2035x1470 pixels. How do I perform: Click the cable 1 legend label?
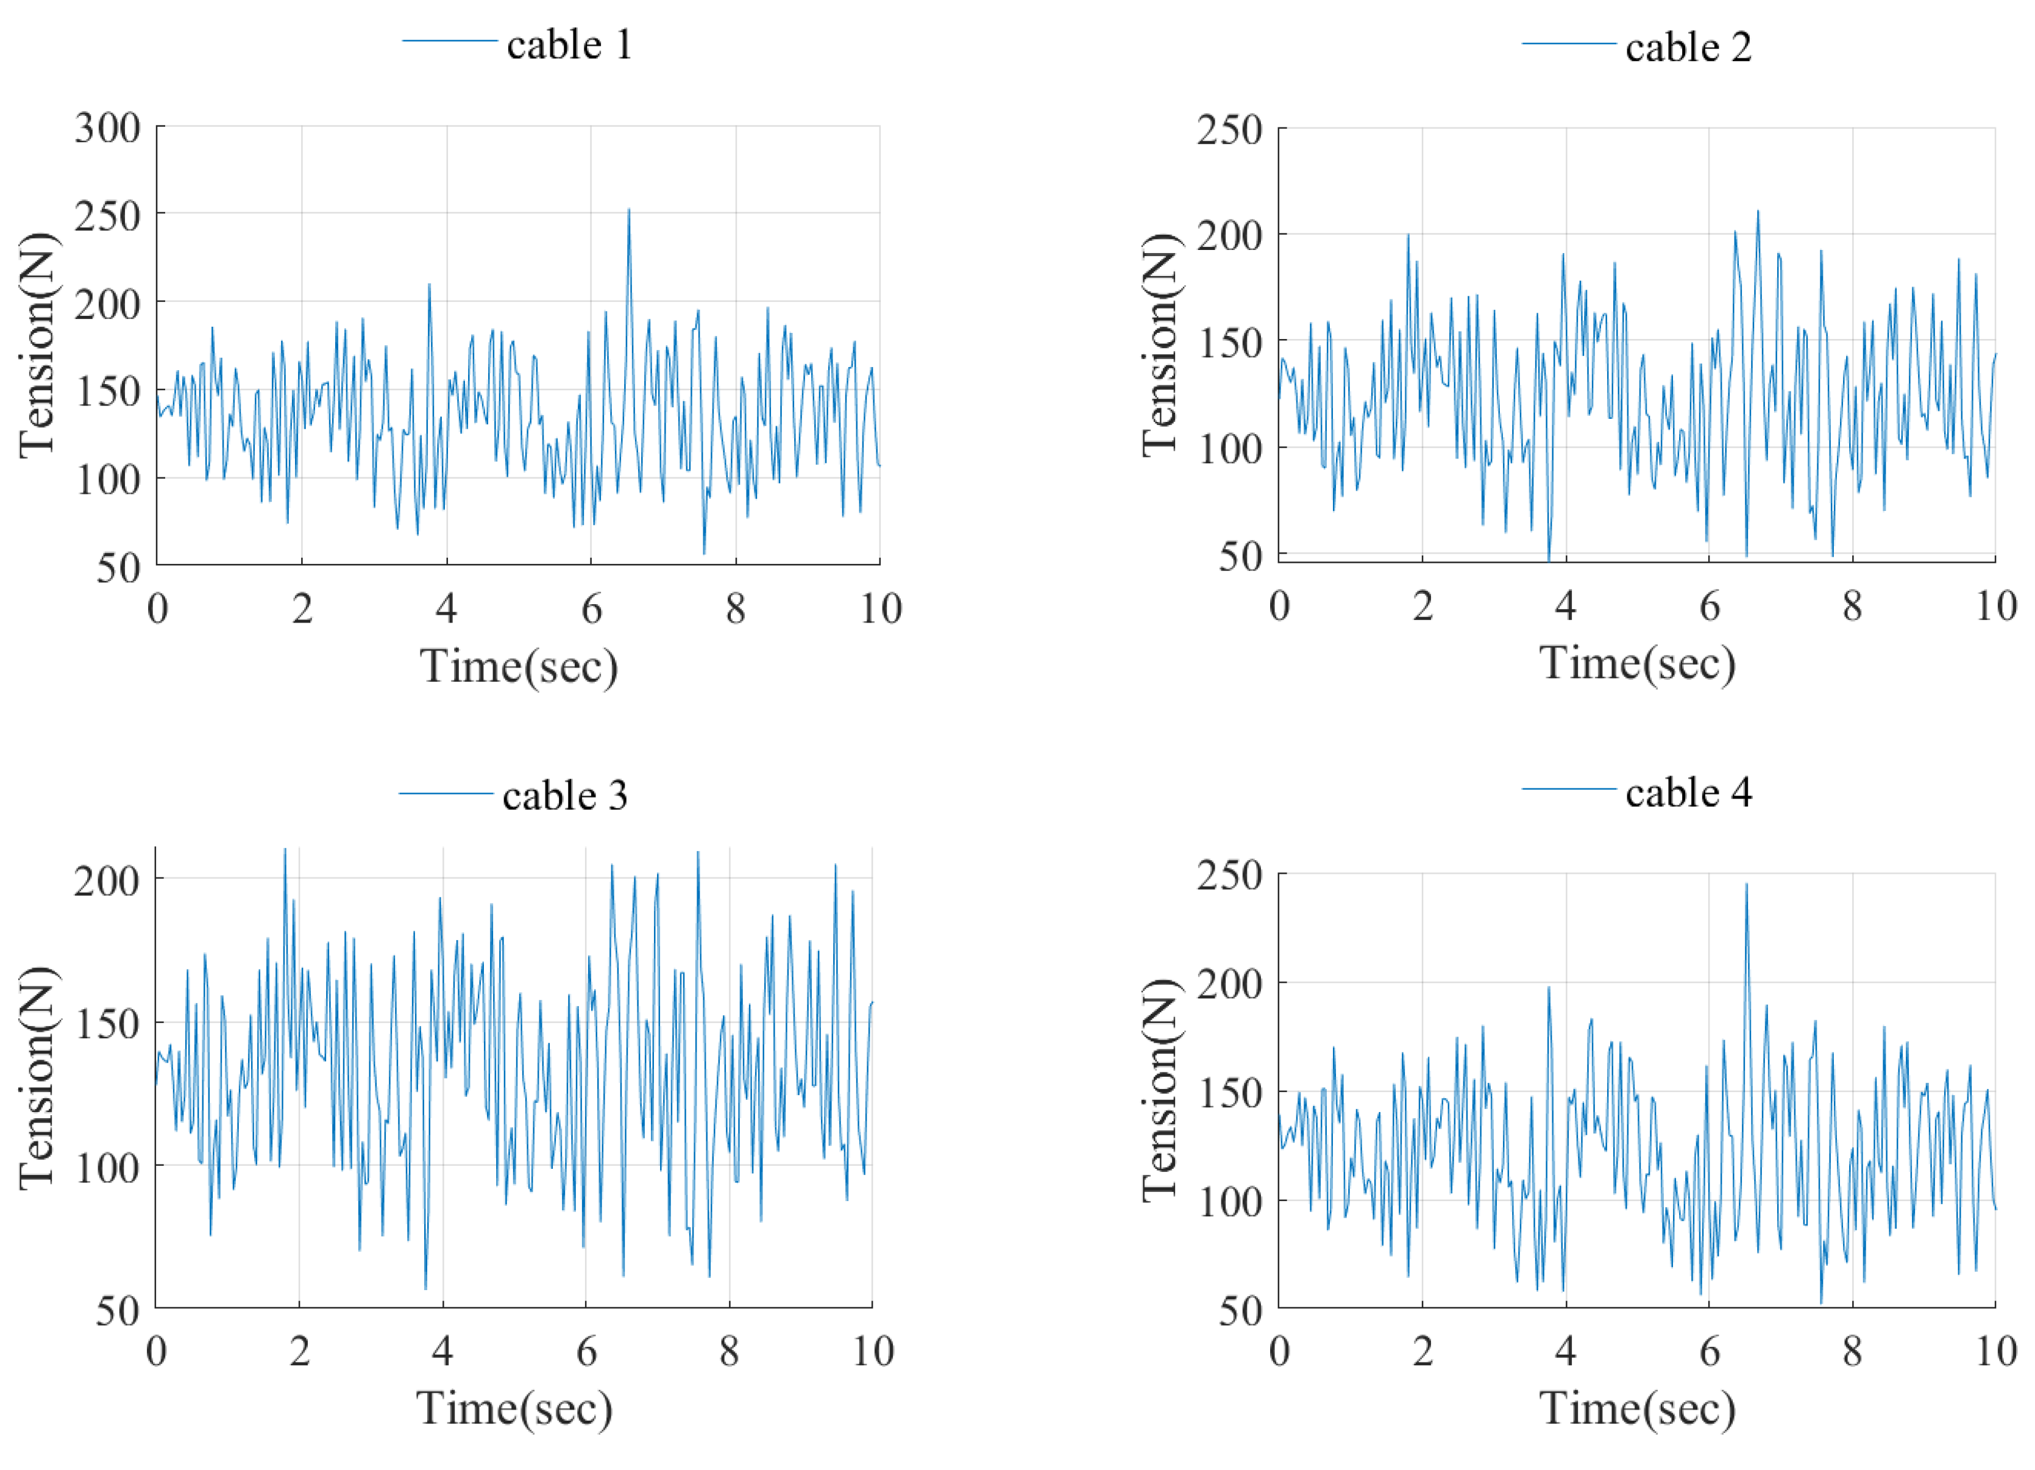point(569,45)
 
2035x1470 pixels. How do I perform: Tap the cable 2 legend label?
point(1688,47)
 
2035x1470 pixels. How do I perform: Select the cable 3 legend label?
point(564,795)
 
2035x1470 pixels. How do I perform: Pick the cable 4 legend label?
point(1688,793)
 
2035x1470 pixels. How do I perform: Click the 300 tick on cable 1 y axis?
point(108,128)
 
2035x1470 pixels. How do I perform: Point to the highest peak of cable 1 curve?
point(628,210)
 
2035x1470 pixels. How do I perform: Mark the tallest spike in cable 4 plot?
point(1746,885)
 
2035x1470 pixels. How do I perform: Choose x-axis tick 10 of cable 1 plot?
point(880,609)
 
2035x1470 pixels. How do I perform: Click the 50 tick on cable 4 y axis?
point(1242,1311)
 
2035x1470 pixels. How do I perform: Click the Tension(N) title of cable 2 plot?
point(1159,344)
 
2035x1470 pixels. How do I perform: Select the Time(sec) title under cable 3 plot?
point(514,1407)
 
